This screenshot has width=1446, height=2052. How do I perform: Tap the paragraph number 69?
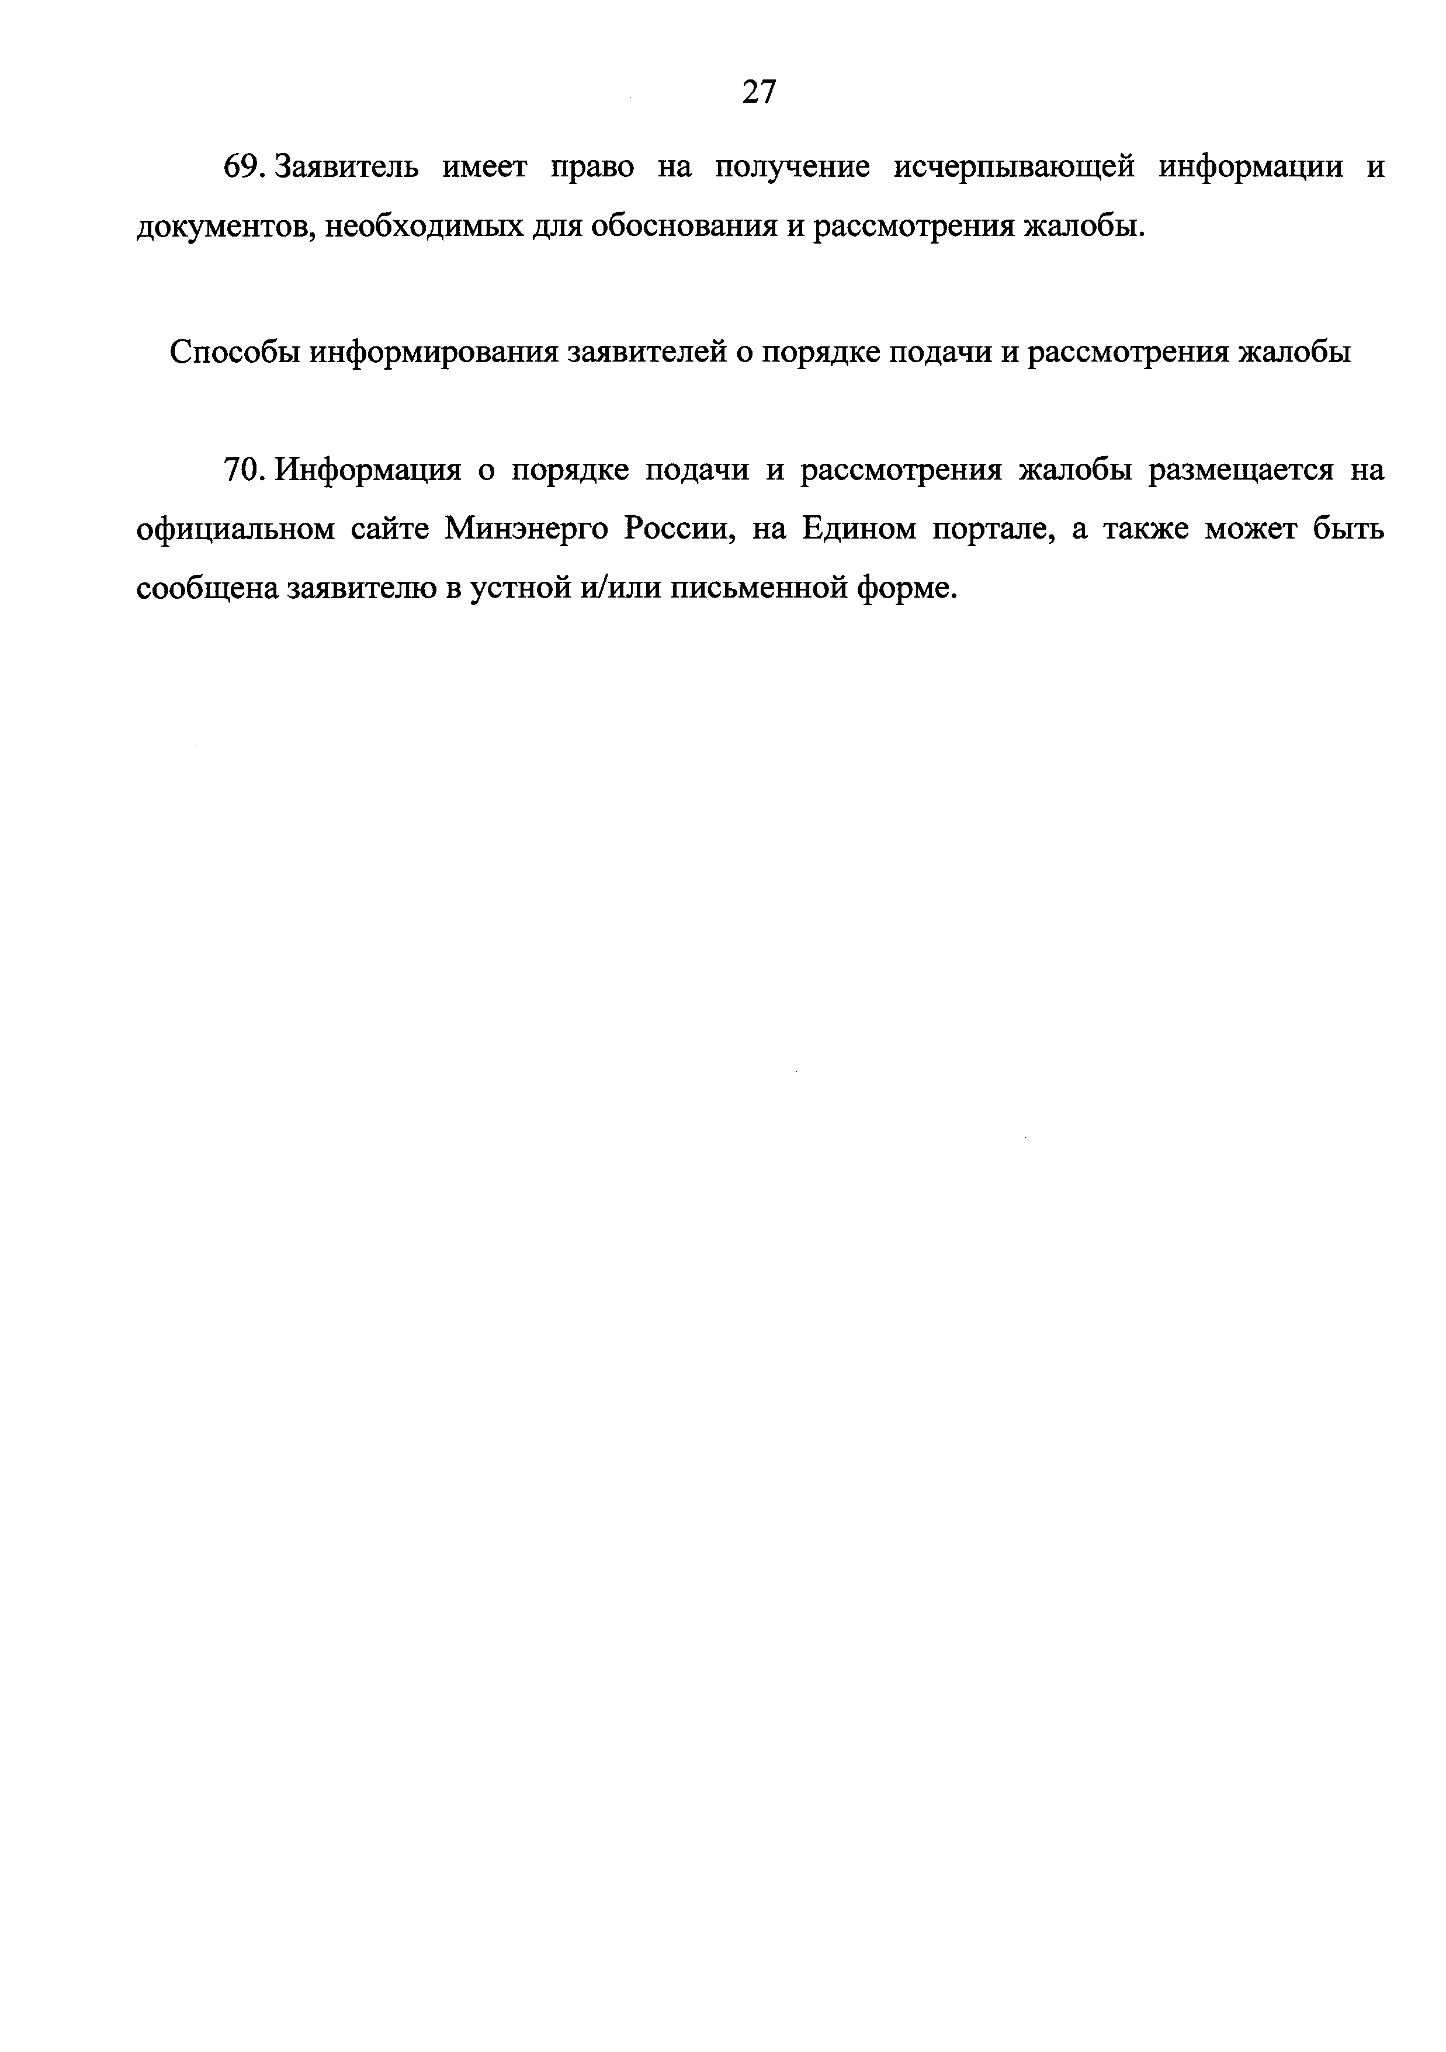tap(240, 167)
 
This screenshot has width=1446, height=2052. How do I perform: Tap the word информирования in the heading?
tap(435, 353)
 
